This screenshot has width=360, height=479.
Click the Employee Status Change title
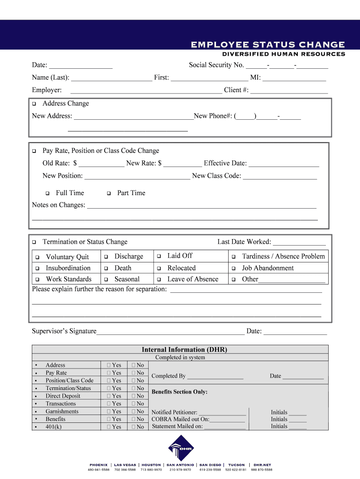(x=267, y=45)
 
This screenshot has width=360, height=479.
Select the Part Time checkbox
(x=108, y=193)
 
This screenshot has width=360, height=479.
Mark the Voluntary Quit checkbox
(x=37, y=257)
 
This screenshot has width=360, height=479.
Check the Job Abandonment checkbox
(x=234, y=269)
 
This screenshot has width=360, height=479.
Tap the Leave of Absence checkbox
(x=159, y=280)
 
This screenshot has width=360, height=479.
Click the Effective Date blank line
(x=284, y=164)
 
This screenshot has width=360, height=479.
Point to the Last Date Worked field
(x=299, y=242)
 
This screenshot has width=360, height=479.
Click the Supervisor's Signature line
(x=170, y=332)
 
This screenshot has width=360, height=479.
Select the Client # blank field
(x=289, y=90)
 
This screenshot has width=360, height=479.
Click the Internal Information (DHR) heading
(x=184, y=349)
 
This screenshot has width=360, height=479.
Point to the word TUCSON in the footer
(x=236, y=465)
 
